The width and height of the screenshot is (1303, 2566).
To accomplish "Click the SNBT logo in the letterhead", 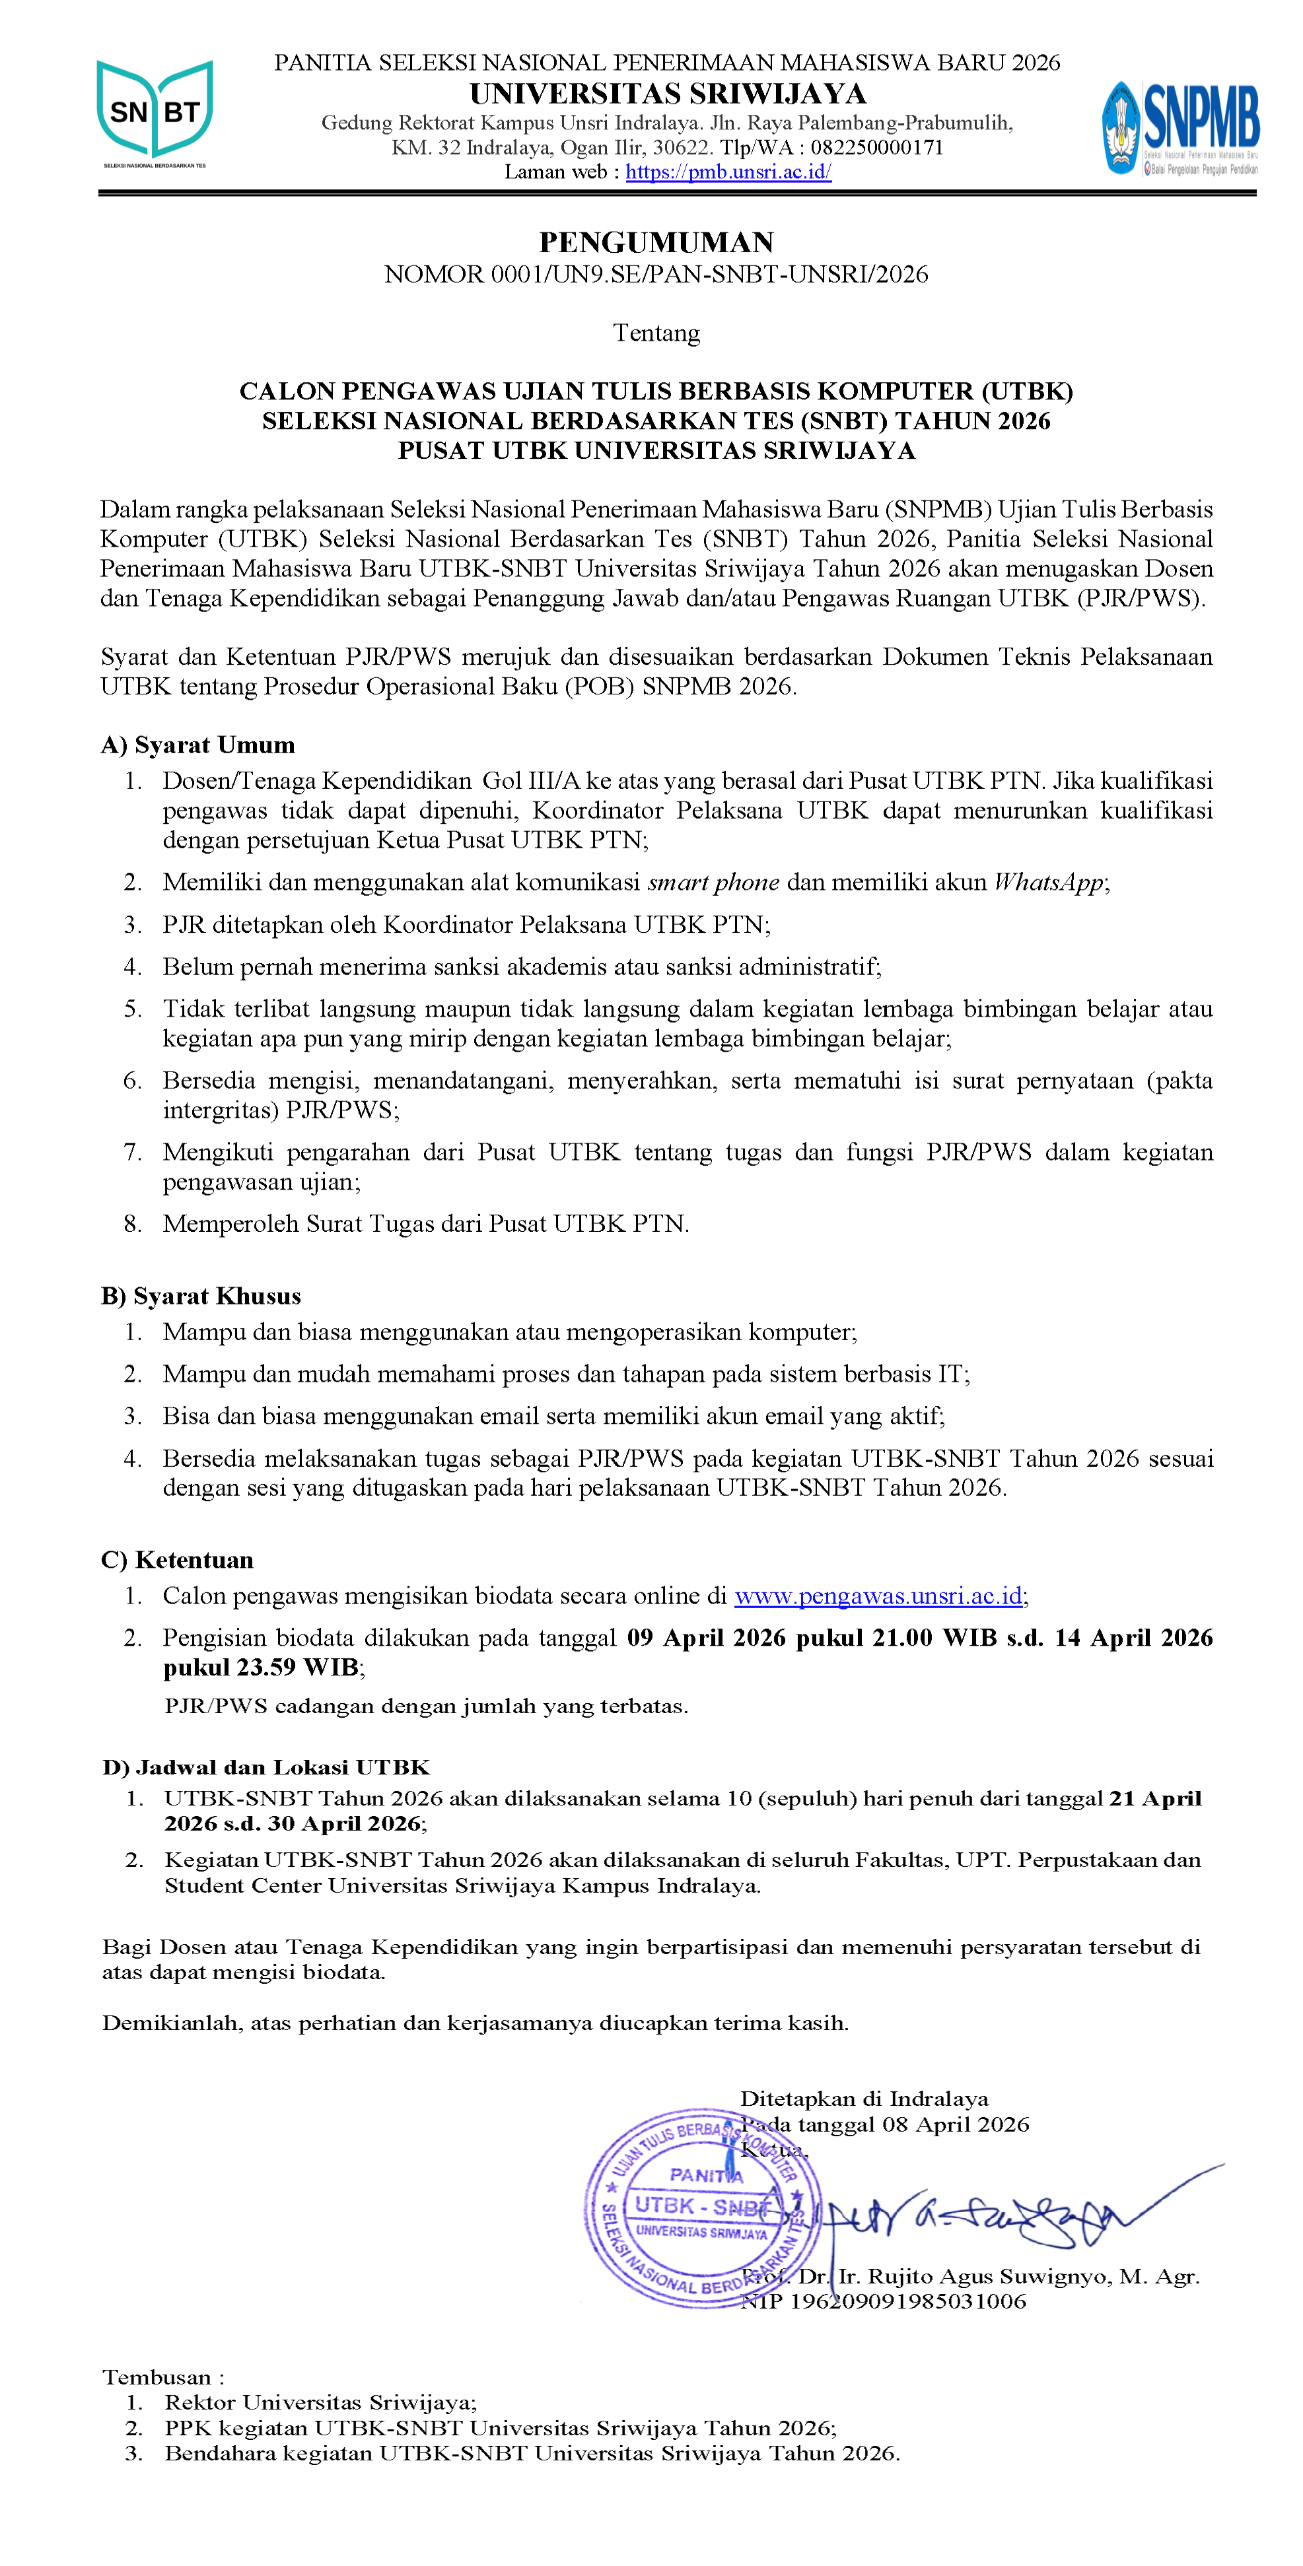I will point(155,113).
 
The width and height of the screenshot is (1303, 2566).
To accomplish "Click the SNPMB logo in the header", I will point(1180,127).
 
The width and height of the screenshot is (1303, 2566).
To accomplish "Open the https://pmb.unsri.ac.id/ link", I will point(728,172).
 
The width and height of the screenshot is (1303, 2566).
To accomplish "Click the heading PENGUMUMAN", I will point(656,242).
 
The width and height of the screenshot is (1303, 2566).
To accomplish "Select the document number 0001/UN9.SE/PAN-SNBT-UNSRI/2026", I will point(709,274).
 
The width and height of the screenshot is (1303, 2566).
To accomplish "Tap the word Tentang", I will point(656,333).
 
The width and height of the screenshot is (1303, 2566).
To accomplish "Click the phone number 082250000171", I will point(876,147).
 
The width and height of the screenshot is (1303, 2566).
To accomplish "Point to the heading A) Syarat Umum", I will point(198,745).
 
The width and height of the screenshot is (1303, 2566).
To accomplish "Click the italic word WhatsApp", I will point(1049,881).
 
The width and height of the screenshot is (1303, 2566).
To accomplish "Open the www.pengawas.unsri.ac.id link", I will point(878,1596).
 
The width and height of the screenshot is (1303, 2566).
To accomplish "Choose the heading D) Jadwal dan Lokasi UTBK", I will point(266,1767).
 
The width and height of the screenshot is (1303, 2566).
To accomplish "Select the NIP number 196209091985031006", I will point(907,2301).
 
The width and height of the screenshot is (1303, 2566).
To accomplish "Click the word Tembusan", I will point(157,2378).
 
